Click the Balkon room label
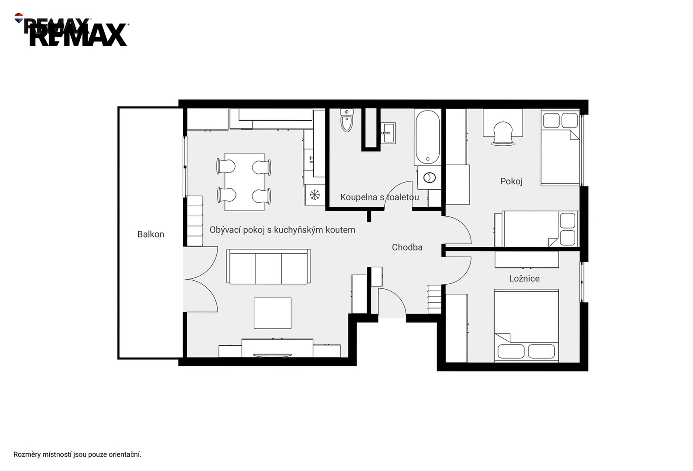[150, 234]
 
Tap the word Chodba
[407, 247]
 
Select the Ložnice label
[524, 278]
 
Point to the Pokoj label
[511, 181]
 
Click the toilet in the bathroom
[346, 120]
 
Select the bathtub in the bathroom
[427, 137]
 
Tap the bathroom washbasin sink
[388, 133]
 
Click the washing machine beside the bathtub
[429, 177]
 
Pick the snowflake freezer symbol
[314, 195]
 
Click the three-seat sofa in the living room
[269, 266]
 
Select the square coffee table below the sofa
[273, 313]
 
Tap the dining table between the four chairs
[244, 182]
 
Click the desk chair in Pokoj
[503, 133]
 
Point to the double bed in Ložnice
[526, 325]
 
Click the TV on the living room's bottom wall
[272, 355]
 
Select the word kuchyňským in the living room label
[294, 230]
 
